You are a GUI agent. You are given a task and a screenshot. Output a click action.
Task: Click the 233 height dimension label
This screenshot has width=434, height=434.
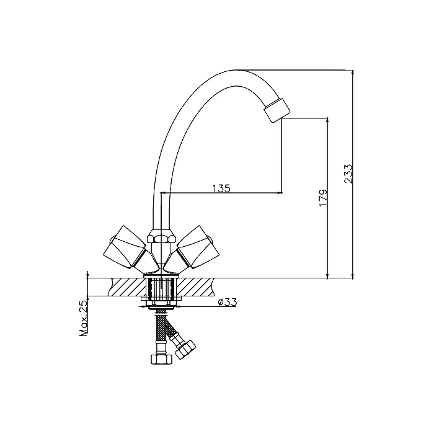pyautogui.click(x=348, y=174)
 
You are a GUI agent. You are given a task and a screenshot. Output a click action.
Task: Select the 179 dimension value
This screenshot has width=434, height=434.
pyautogui.click(x=323, y=198)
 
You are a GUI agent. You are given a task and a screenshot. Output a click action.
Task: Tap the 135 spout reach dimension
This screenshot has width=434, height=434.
pyautogui.click(x=221, y=188)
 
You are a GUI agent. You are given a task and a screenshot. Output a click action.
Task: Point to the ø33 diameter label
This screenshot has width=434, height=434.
pyautogui.click(x=228, y=302)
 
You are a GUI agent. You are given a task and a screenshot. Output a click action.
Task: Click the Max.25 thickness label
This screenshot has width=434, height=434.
pyautogui.click(x=83, y=318)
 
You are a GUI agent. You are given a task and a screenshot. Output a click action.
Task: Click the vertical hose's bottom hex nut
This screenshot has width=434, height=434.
pyautogui.click(x=162, y=359)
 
